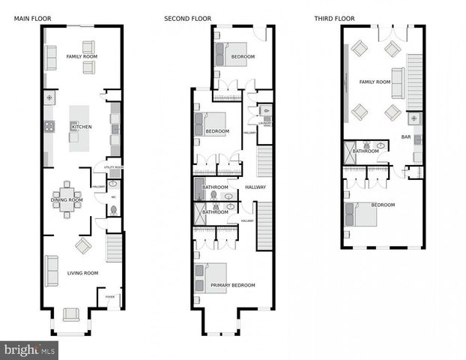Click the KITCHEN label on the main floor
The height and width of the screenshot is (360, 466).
[x=82, y=127]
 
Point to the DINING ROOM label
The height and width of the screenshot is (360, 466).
[x=66, y=199]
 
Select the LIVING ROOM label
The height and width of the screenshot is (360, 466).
[x=82, y=273]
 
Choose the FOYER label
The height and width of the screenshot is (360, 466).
[x=110, y=297]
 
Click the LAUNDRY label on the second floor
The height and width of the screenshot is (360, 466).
[x=264, y=123]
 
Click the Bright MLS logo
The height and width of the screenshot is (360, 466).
[x=30, y=349]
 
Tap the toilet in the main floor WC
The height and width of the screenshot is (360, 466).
[x=113, y=211]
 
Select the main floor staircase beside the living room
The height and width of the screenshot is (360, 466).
[x=115, y=247]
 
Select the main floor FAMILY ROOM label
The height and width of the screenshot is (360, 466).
[x=82, y=57]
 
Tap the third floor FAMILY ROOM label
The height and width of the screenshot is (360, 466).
[x=375, y=82]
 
